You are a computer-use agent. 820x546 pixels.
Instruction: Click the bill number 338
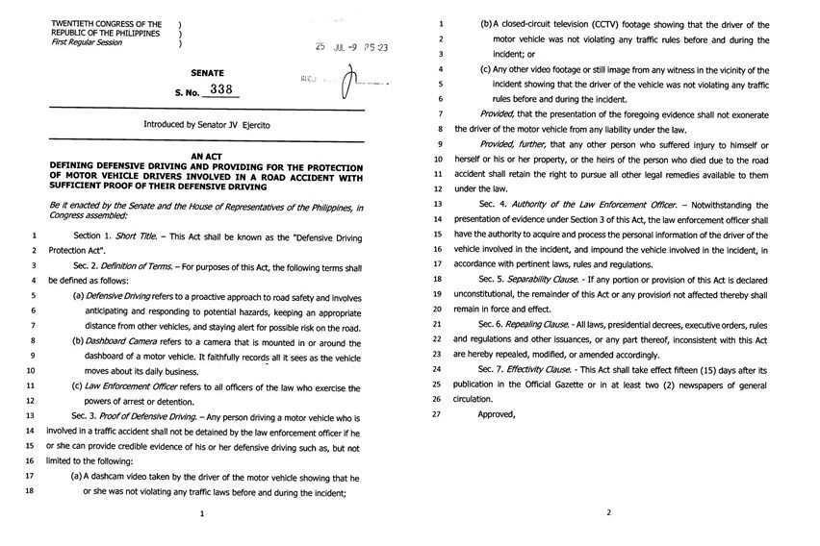[222, 90]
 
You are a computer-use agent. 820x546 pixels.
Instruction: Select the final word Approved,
[498, 414]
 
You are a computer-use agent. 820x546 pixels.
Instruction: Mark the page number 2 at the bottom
[608, 513]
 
